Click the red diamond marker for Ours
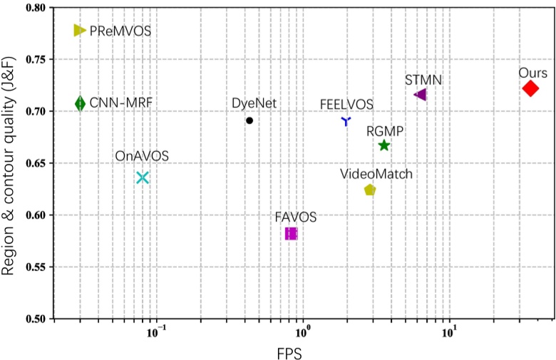click(x=530, y=88)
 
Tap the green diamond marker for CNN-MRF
click(x=80, y=104)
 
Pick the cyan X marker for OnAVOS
click(x=143, y=178)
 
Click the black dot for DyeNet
click(x=249, y=120)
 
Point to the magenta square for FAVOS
click(x=291, y=234)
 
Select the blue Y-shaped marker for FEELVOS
click(x=346, y=122)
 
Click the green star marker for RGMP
click(x=384, y=145)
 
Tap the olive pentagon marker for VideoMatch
click(x=369, y=190)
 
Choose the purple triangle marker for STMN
click(x=421, y=95)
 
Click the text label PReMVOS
click(x=120, y=31)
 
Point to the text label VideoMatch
click(x=376, y=173)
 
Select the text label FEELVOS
click(x=346, y=104)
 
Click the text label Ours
click(x=533, y=73)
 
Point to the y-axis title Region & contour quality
click(x=10, y=164)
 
